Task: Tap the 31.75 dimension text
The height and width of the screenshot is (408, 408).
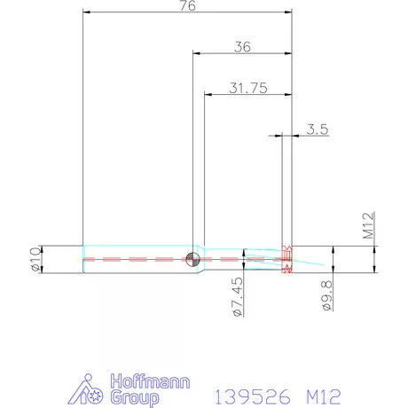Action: (247, 89)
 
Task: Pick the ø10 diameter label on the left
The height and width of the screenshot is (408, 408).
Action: (35, 259)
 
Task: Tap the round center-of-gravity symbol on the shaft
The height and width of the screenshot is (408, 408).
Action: (193, 259)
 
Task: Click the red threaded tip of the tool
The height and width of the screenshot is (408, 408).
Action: (286, 258)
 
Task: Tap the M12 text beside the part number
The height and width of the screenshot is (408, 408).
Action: (320, 392)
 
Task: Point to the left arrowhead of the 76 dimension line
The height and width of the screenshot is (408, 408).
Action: (85, 12)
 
